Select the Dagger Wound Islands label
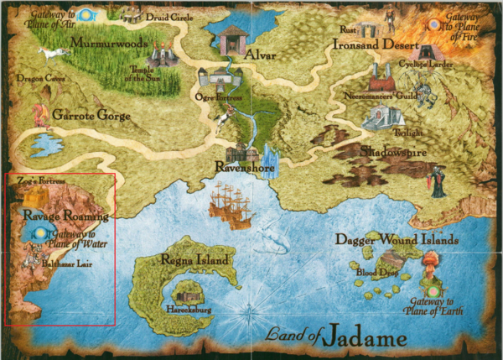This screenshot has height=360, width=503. pyautogui.click(x=397, y=239)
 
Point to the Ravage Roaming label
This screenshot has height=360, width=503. pyautogui.click(x=54, y=215)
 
